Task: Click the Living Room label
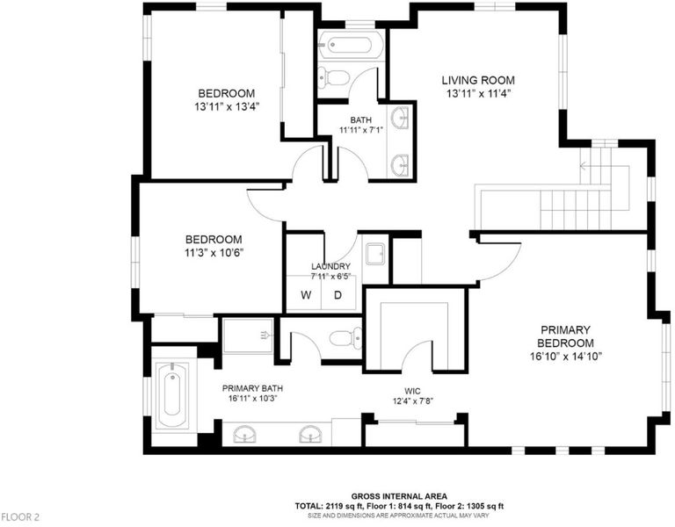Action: pyautogui.click(x=478, y=81)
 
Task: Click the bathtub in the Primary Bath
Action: pyautogui.click(x=172, y=395)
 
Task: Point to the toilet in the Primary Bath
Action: pyautogui.click(x=346, y=337)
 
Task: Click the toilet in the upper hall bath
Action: pyautogui.click(x=334, y=78)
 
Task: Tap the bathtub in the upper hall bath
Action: pyautogui.click(x=349, y=45)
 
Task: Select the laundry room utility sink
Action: pyautogui.click(x=376, y=254)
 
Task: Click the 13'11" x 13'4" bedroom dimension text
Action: pyautogui.click(x=227, y=106)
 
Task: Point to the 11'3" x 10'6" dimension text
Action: pyautogui.click(x=214, y=253)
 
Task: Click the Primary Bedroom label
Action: pyautogui.click(x=565, y=336)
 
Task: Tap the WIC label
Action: pyautogui.click(x=412, y=391)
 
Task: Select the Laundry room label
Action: pyautogui.click(x=330, y=267)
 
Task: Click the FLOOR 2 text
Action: pyautogui.click(x=20, y=516)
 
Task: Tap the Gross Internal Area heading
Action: pyautogui.click(x=399, y=496)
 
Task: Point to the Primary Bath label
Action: pyautogui.click(x=253, y=388)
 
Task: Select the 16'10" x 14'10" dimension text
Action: pyautogui.click(x=565, y=357)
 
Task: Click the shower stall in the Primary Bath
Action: pyautogui.click(x=248, y=336)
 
